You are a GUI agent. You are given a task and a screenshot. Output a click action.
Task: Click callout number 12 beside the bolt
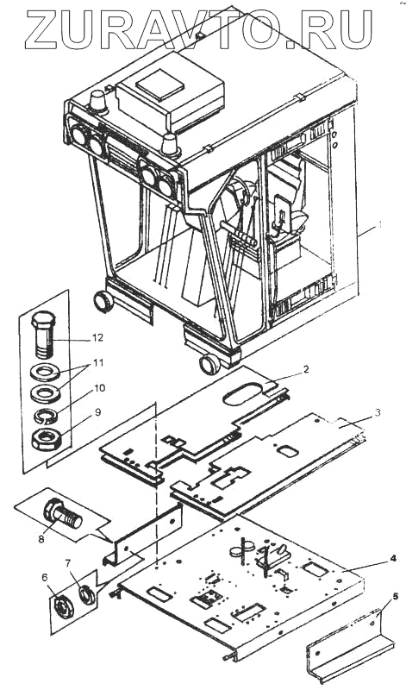pyautogui.click(x=97, y=337)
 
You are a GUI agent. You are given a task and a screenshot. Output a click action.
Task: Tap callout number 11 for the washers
pyautogui.click(x=98, y=363)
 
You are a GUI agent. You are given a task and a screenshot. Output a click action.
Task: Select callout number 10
pyautogui.click(x=99, y=388)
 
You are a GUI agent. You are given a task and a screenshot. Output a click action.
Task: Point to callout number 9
pyautogui.click(x=97, y=412)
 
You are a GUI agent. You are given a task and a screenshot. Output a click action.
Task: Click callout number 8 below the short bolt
pyautogui.click(x=41, y=539)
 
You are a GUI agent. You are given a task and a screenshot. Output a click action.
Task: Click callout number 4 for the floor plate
pyautogui.click(x=393, y=558)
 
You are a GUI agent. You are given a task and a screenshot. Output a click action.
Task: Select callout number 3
pyautogui.click(x=377, y=413)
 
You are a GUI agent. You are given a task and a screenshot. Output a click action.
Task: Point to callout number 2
pyautogui.click(x=306, y=369)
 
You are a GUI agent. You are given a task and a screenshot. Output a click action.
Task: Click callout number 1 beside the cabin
pyautogui.click(x=378, y=225)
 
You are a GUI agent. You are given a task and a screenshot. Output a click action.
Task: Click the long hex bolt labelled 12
pyautogui.click(x=42, y=334)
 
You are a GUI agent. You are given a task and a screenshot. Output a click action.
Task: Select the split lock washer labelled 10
pyautogui.click(x=46, y=416)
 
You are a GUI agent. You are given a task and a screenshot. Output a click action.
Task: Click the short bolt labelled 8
pyautogui.click(x=62, y=515)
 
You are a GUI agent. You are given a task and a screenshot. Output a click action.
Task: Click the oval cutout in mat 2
pyautogui.click(x=243, y=393)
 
